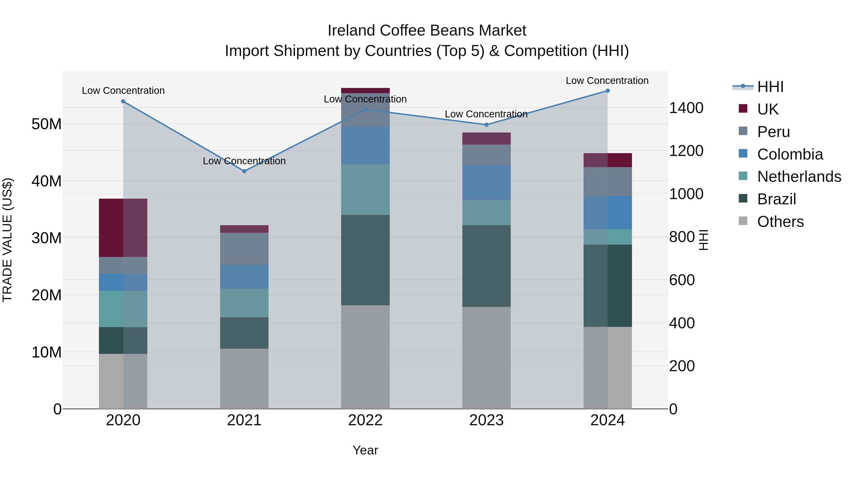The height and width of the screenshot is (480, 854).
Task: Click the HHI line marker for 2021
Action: point(244,171)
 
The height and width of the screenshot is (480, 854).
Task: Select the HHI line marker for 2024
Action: point(607,91)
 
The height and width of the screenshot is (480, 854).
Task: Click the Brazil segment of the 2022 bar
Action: point(365,260)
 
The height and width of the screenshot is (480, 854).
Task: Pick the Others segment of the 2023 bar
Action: point(486,358)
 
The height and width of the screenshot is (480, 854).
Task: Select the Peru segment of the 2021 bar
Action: point(244,248)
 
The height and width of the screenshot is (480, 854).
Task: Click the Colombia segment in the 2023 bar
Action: point(486,183)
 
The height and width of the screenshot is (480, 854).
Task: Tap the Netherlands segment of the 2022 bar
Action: point(365,189)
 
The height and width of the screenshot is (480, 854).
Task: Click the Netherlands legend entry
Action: point(799,177)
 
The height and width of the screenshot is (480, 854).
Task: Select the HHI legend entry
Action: point(770,87)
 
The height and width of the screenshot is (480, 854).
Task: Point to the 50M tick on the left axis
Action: point(46,124)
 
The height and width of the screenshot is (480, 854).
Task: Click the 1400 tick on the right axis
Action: point(686,108)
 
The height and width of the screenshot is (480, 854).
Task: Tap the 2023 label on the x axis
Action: point(486,420)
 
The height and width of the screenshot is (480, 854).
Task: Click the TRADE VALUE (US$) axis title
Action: point(7,240)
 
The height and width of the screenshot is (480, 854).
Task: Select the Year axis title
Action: point(365,450)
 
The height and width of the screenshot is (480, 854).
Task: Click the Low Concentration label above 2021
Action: point(244,161)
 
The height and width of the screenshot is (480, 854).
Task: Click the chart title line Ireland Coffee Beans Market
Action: point(427,31)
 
